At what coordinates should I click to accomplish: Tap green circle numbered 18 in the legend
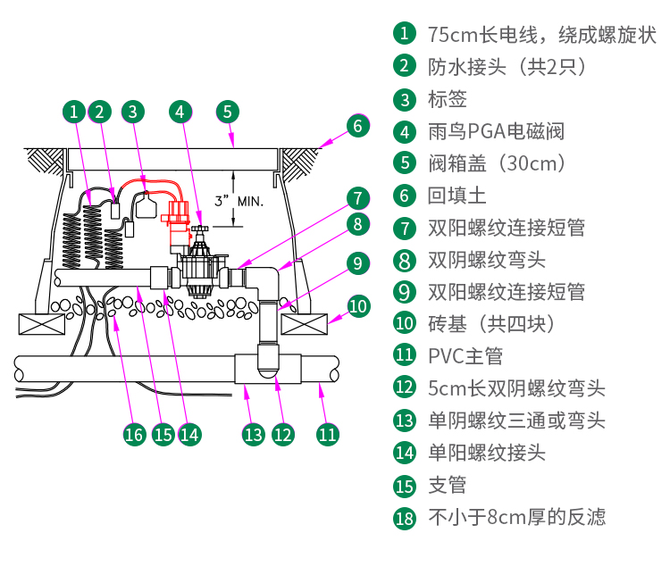[x=405, y=518]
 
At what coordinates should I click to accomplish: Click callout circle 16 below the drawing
[x=134, y=434]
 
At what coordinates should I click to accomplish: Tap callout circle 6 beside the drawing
[x=357, y=125]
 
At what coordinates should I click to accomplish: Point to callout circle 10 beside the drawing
[x=357, y=306]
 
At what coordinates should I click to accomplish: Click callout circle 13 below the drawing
[x=254, y=434]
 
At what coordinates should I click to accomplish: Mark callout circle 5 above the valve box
[x=228, y=112]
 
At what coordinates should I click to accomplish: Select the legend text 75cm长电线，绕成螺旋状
[x=541, y=35]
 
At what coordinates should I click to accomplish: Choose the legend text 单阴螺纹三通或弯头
[x=516, y=421]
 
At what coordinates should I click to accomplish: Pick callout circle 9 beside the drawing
[x=357, y=262]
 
